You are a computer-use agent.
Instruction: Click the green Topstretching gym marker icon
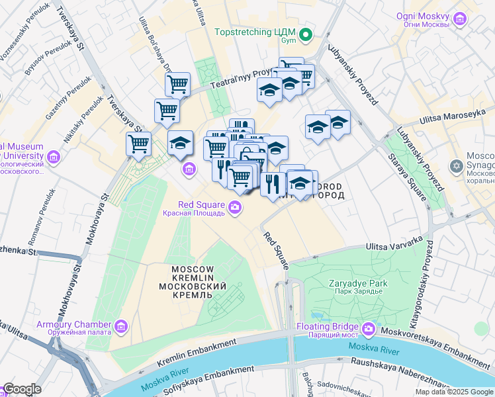click(306, 35)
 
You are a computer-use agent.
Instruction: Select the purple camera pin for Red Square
click(235, 209)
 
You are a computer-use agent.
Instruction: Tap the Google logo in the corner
click(22, 389)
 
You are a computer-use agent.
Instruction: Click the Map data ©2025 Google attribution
click(453, 392)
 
